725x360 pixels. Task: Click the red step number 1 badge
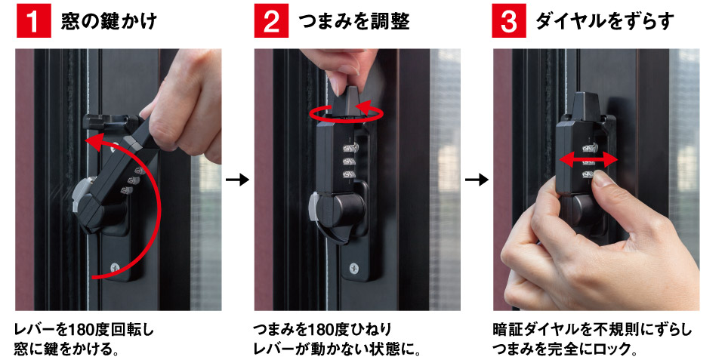(x=32, y=22)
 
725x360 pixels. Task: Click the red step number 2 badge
(x=270, y=22)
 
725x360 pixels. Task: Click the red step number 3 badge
(x=509, y=22)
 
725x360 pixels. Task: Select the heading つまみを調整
(x=354, y=22)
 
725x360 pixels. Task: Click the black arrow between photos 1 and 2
(x=237, y=180)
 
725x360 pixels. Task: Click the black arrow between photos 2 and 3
(x=476, y=180)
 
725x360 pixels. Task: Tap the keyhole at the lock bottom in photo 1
(x=114, y=266)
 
